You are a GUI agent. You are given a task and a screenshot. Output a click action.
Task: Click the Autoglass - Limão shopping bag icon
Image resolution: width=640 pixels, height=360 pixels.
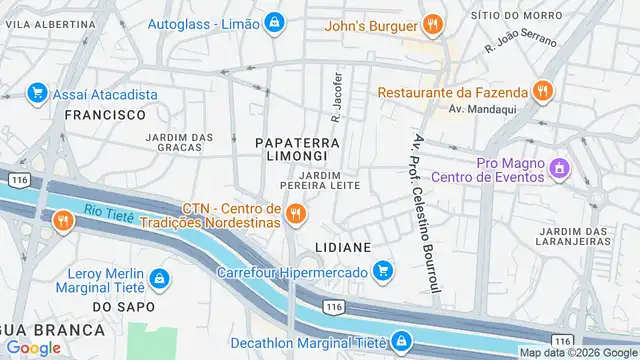pyautogui.click(x=273, y=23)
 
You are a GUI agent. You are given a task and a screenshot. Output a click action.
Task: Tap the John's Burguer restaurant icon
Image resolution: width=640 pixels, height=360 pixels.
pyautogui.click(x=431, y=23)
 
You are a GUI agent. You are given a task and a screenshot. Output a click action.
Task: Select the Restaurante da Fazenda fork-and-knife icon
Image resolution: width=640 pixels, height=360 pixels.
pyautogui.click(x=542, y=91)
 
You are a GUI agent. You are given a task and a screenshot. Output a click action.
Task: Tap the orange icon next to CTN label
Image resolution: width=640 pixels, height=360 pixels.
pyautogui.click(x=295, y=213)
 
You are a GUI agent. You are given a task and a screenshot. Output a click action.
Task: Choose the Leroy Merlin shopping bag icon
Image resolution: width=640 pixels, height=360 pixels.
pyautogui.click(x=158, y=277)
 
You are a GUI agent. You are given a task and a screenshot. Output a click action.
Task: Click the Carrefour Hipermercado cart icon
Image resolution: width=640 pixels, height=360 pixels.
pyautogui.click(x=381, y=270)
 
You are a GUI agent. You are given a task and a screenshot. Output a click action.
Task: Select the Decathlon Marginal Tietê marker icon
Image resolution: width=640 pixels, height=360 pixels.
pyautogui.click(x=401, y=342)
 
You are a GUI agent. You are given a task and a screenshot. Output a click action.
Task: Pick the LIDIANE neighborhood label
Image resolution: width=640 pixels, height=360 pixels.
pyautogui.click(x=343, y=245)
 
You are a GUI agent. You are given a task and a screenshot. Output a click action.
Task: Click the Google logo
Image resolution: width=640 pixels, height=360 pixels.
pyautogui.click(x=33, y=348)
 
